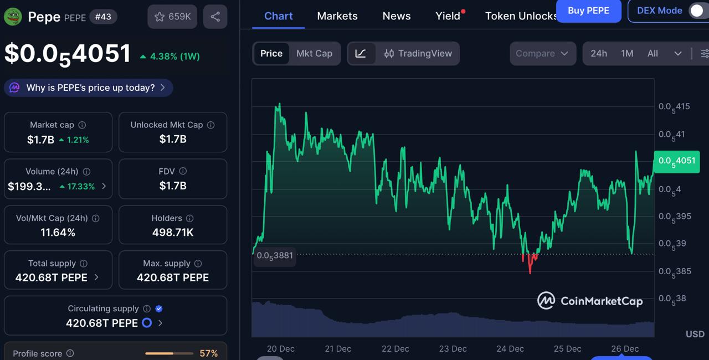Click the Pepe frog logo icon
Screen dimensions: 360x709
coord(12,17)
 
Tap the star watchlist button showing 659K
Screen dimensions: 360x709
coord(172,17)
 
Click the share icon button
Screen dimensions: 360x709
coord(215,17)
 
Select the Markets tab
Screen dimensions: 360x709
coord(337,16)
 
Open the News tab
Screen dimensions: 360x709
coord(397,16)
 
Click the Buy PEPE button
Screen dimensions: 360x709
coord(588,11)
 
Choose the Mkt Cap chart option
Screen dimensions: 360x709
coord(314,53)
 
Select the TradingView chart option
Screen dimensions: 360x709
coord(418,53)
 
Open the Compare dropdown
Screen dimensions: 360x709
coord(542,53)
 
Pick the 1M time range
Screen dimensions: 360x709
coord(627,53)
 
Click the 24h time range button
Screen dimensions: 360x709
coord(598,53)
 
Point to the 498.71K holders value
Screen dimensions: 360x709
coord(173,233)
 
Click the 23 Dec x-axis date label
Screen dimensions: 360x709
coord(453,348)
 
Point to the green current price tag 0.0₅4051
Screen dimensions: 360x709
coord(676,161)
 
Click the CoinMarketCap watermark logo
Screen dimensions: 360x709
coord(590,301)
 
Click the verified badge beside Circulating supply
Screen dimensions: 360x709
coord(159,308)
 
